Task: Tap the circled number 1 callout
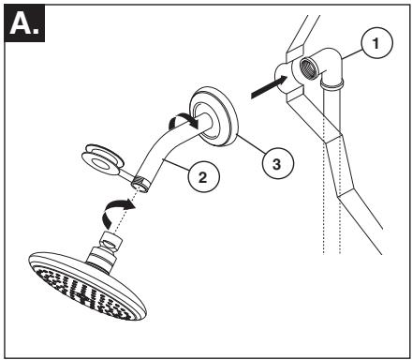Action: [376, 43]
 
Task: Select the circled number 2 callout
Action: [203, 177]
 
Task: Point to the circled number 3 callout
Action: [277, 163]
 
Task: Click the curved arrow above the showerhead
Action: [118, 213]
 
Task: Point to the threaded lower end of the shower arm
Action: [141, 183]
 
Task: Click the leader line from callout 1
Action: [352, 54]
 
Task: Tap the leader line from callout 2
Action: [177, 164]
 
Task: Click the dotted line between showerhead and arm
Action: [124, 212]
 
